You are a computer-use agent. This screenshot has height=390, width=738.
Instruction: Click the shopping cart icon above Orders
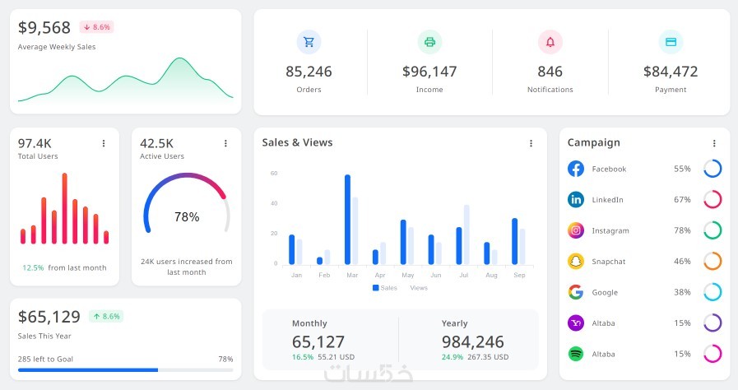click(x=309, y=42)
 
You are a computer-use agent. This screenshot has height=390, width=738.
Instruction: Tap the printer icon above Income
click(x=429, y=42)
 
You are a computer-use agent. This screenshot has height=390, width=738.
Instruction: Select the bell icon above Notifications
click(x=550, y=42)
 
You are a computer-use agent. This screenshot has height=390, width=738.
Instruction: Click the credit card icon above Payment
click(x=671, y=42)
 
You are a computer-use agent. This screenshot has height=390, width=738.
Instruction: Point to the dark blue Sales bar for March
click(x=348, y=219)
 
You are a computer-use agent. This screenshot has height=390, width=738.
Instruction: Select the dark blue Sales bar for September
click(x=515, y=241)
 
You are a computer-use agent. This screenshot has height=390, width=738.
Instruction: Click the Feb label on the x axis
click(x=324, y=275)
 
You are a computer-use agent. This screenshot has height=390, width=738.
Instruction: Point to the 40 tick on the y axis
click(x=274, y=203)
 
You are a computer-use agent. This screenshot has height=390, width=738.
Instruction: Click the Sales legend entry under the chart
click(x=385, y=288)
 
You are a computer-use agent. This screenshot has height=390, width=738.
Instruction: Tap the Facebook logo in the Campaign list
click(x=576, y=169)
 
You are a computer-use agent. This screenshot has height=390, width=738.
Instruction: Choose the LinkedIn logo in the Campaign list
click(x=576, y=199)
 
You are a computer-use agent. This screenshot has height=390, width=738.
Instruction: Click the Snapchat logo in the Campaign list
click(x=576, y=261)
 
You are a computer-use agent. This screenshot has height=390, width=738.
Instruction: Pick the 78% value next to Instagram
click(x=682, y=230)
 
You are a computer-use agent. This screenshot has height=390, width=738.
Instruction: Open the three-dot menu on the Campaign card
click(x=714, y=143)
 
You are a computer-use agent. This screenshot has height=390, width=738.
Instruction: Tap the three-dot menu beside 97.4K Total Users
click(x=104, y=143)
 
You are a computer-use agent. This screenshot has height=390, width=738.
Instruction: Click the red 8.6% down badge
click(x=96, y=27)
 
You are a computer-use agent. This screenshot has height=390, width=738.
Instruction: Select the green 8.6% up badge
click(x=106, y=316)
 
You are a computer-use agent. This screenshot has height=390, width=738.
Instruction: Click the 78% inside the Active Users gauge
click(x=187, y=217)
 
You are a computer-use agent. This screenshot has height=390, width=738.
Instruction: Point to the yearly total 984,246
click(x=472, y=341)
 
